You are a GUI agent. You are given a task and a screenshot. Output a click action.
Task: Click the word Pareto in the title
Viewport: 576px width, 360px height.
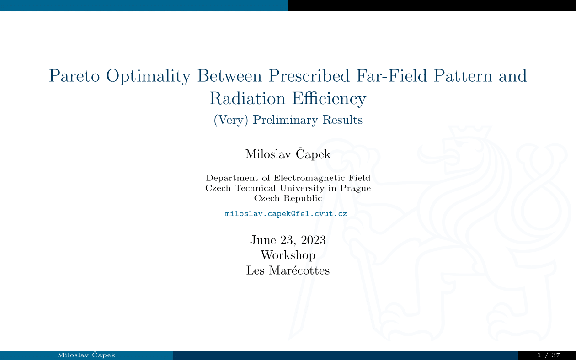[x=75, y=76]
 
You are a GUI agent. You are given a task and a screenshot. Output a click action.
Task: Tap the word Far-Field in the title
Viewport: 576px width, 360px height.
[x=391, y=76]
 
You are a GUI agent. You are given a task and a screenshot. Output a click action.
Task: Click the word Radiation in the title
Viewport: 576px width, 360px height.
[x=247, y=99]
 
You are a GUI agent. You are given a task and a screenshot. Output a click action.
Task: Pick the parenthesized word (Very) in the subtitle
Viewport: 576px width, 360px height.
[x=231, y=120]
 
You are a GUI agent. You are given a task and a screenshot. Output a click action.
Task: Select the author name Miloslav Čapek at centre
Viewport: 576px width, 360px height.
[x=288, y=154]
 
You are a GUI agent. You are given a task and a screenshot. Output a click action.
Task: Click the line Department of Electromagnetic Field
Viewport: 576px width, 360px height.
[x=288, y=178]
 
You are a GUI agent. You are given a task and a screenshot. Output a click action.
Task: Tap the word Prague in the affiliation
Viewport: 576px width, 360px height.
[x=355, y=188]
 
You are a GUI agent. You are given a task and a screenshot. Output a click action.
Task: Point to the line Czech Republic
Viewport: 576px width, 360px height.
[x=288, y=198]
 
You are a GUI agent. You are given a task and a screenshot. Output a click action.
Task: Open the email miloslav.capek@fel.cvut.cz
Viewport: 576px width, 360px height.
[x=286, y=214]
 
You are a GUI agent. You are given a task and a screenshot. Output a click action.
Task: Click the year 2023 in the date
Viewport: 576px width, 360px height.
[x=313, y=240]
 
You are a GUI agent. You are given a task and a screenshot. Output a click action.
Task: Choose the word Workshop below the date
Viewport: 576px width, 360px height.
[x=288, y=255]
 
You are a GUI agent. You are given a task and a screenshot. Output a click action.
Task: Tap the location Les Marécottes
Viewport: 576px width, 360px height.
[x=288, y=270]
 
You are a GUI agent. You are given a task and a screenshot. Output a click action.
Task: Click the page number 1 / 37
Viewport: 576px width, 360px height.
[x=549, y=355]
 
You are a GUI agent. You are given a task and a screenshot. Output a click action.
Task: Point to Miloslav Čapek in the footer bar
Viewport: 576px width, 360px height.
[x=86, y=355]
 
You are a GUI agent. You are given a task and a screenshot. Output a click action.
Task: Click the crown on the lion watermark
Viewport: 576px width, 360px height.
[x=470, y=133]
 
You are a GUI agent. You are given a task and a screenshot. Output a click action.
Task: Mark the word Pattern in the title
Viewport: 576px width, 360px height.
[x=463, y=76]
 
